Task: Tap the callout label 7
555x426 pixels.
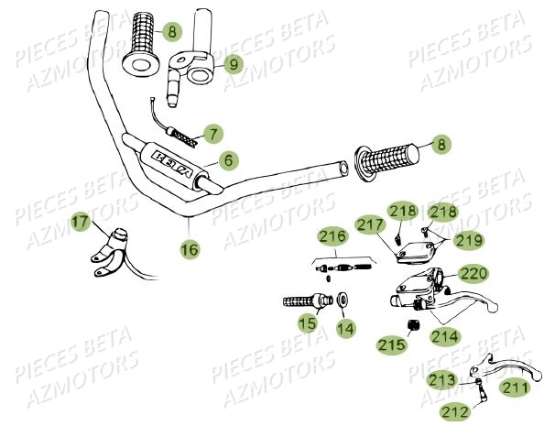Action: tap(212, 135)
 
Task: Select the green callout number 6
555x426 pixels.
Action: tap(227, 159)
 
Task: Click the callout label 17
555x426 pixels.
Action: tap(107, 221)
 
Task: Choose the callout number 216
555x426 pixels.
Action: tap(332, 236)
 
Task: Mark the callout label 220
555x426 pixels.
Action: tap(473, 273)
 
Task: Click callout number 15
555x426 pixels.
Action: tap(308, 323)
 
